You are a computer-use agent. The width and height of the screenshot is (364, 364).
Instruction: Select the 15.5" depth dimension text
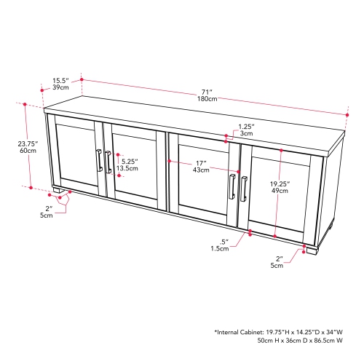(x=60, y=81)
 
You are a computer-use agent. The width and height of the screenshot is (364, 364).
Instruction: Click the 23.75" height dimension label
(x=27, y=143)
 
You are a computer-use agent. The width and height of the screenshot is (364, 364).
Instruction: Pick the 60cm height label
(x=27, y=152)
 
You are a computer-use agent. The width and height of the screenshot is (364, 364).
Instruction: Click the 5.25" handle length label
(x=130, y=162)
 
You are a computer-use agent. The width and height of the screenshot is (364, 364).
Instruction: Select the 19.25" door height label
(x=280, y=184)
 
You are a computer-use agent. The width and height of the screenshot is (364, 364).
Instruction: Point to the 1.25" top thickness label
(x=247, y=126)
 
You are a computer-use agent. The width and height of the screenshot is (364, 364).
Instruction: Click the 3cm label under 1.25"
(x=247, y=134)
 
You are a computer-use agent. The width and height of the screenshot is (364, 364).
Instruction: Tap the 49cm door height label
(x=280, y=192)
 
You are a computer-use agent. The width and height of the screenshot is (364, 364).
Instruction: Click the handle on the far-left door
(x=98, y=161)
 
